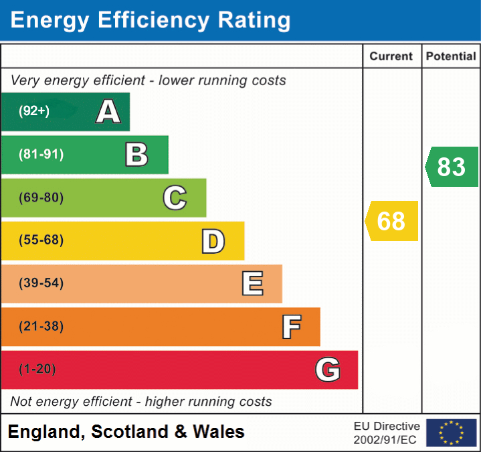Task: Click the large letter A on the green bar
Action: [x=108, y=112]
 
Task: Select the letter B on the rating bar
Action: [x=136, y=155]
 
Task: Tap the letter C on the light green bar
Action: [x=175, y=198]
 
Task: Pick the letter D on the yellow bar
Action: [x=213, y=241]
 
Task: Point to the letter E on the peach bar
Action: [x=252, y=284]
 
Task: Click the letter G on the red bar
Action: [x=328, y=370]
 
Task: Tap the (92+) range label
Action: [x=34, y=111]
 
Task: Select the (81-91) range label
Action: [x=41, y=155]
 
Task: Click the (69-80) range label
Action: [x=41, y=198]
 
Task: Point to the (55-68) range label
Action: [x=41, y=240]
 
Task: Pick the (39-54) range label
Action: [x=41, y=283]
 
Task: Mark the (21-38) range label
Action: [x=41, y=327]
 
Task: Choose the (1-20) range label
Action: [x=37, y=369]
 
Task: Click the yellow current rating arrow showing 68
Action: [x=391, y=221]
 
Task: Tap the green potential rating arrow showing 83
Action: [x=452, y=167]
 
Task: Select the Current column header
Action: [x=391, y=57]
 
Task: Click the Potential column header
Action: [x=451, y=57]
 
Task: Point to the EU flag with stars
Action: [x=451, y=433]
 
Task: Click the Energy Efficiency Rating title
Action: [x=151, y=21]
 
